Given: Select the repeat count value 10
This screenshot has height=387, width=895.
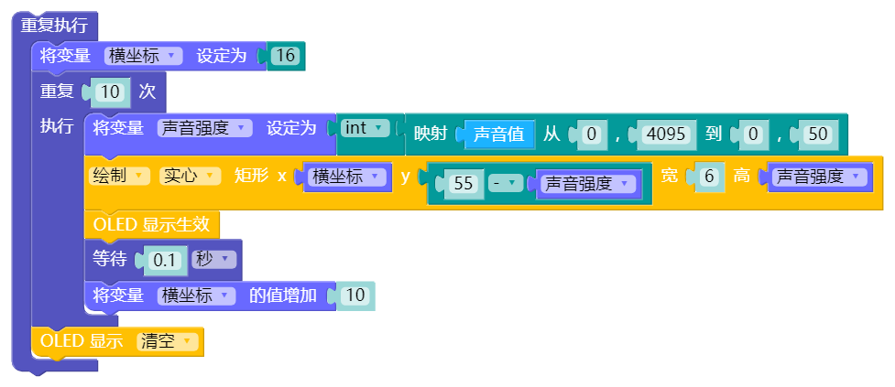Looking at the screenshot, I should tap(108, 92).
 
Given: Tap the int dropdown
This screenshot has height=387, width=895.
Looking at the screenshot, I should tap(364, 128).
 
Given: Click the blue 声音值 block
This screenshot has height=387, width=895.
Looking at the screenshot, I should tap(498, 134).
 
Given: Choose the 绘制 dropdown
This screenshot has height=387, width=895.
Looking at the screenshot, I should tap(119, 177).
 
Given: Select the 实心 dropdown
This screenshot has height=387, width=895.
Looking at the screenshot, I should tap(190, 177).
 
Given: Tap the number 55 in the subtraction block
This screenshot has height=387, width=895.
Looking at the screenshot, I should tap(464, 184).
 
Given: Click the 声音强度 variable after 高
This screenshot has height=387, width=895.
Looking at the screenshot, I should tap(817, 177).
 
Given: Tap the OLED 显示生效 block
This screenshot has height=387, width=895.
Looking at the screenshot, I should tap(151, 224).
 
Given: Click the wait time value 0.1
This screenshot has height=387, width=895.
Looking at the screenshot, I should tap(165, 260).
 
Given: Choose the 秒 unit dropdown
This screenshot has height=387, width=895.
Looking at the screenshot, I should tap(213, 260).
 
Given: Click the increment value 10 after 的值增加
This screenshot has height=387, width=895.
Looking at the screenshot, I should tap(356, 296).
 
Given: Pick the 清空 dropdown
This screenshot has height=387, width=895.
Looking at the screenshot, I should tap(167, 342).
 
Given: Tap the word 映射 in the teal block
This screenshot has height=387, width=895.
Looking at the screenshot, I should tap(431, 134).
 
